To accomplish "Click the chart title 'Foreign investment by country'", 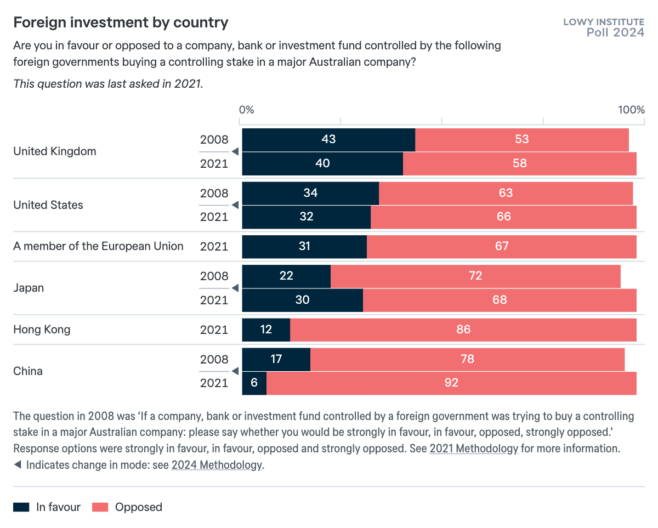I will tap(121, 22).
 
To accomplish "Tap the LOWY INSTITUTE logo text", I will tap(603, 22).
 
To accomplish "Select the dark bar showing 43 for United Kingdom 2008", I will tap(328, 139).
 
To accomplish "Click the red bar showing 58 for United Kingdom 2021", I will tap(519, 163).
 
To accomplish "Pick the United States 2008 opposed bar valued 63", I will tap(506, 193).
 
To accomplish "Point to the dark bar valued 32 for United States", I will tap(306, 217).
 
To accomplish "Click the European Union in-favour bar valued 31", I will tap(304, 246).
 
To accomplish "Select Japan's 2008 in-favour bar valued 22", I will tap(286, 276).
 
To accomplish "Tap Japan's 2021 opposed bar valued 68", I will tap(499, 300).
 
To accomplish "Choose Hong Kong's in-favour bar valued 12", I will tap(265, 330).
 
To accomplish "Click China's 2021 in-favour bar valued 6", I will tap(254, 383).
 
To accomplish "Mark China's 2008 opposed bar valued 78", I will tap(467, 359).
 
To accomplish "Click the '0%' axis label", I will tap(247, 109).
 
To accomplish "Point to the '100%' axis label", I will tap(631, 109).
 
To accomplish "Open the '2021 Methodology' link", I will tap(474, 448).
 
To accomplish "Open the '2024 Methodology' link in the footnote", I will tap(217, 465).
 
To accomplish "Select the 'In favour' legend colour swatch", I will tap(21, 507).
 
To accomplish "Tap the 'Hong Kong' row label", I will tap(42, 330).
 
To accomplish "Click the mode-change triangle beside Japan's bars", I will tap(234, 288).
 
